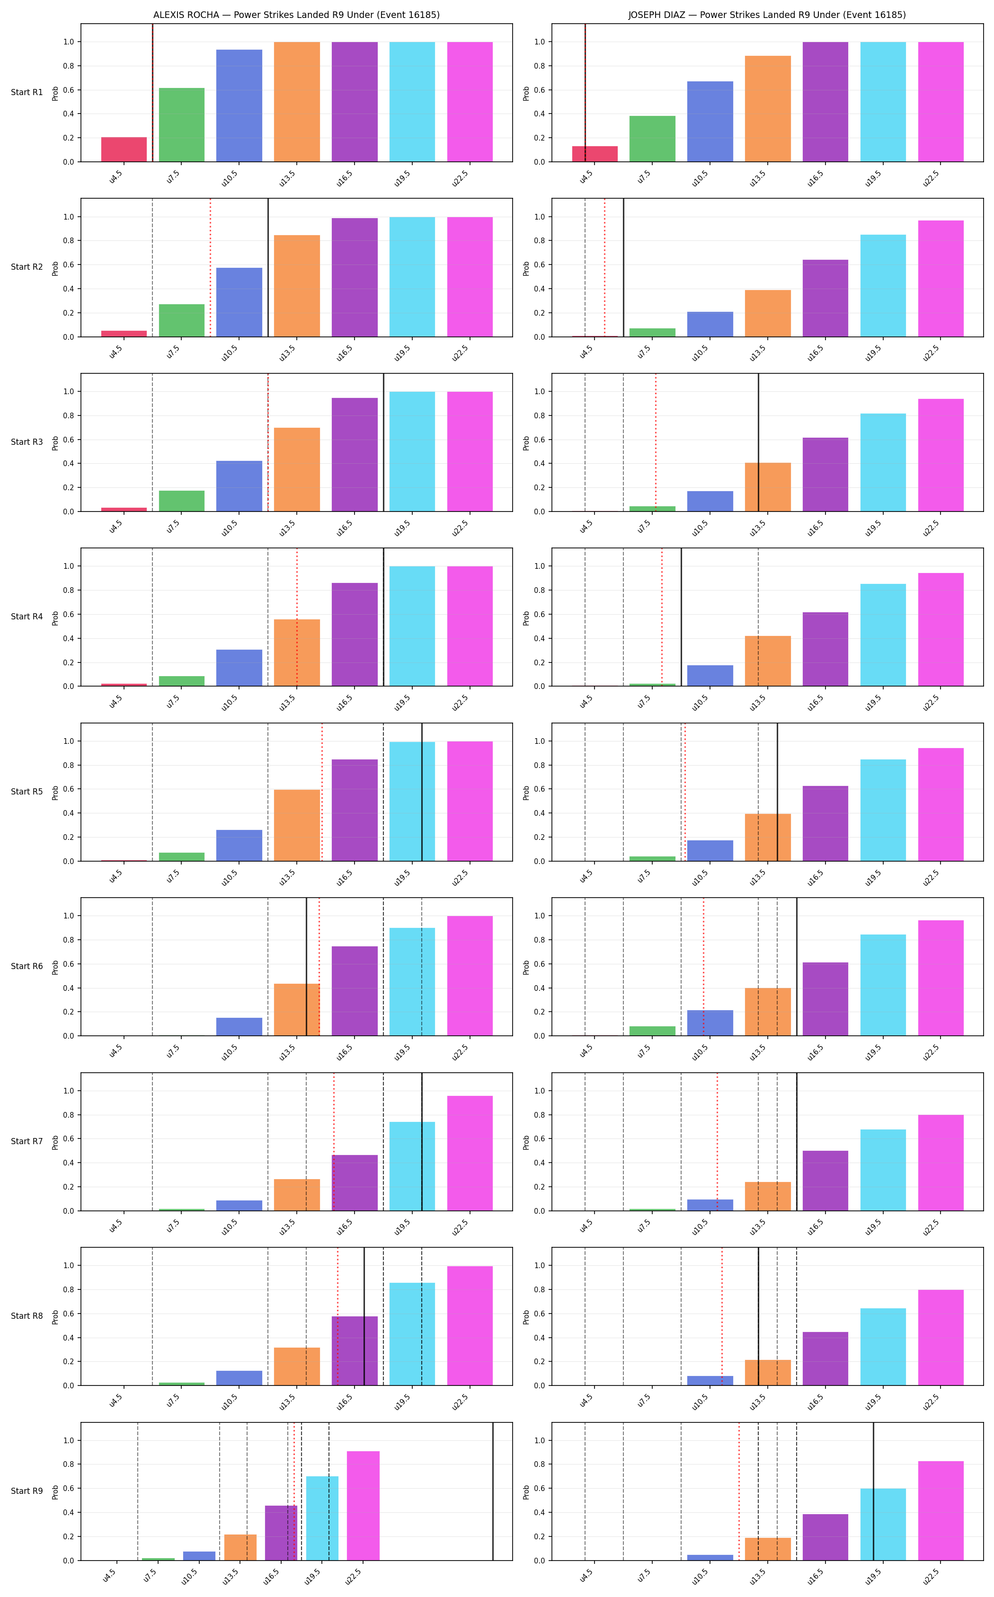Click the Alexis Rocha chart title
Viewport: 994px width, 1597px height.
click(x=296, y=15)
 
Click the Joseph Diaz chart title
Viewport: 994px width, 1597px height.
click(x=766, y=15)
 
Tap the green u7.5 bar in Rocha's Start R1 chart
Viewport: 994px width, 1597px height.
click(x=181, y=125)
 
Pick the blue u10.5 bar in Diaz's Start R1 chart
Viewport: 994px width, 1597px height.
click(x=710, y=122)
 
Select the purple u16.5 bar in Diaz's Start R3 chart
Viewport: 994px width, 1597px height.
click(x=825, y=475)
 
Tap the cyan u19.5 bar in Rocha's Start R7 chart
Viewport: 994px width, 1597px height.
click(x=412, y=1166)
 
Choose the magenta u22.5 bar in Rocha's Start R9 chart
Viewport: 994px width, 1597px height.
click(x=363, y=1506)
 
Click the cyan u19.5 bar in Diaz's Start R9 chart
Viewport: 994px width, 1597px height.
click(x=883, y=1525)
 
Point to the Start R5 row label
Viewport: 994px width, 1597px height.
click(x=27, y=792)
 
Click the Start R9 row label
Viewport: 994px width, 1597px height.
click(x=27, y=1491)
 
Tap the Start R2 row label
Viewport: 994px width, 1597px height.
click(x=27, y=267)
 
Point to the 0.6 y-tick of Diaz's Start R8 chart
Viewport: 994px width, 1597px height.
click(x=540, y=1314)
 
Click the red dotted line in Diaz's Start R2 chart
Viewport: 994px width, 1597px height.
click(x=605, y=267)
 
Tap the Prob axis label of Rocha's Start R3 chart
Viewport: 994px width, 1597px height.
click(x=56, y=442)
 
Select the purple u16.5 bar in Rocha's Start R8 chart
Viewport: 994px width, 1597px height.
click(x=355, y=1350)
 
